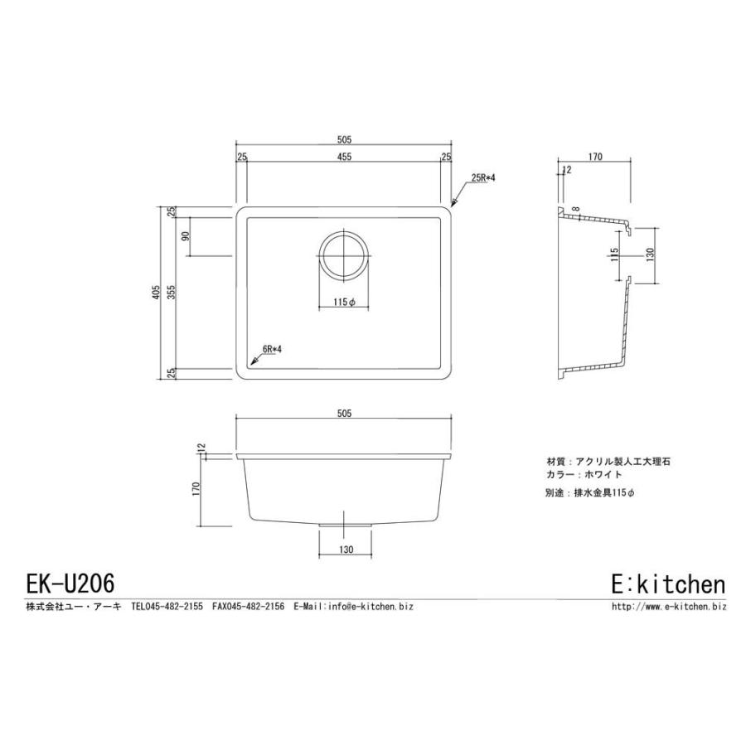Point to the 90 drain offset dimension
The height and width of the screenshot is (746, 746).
point(186,235)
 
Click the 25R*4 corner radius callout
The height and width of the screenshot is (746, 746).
point(482,178)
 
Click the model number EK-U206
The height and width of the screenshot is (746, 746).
point(70,583)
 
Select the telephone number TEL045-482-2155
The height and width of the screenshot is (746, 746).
point(167,607)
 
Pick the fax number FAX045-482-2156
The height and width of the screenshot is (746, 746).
point(248,607)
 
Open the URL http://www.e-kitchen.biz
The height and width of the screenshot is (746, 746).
point(668,607)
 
